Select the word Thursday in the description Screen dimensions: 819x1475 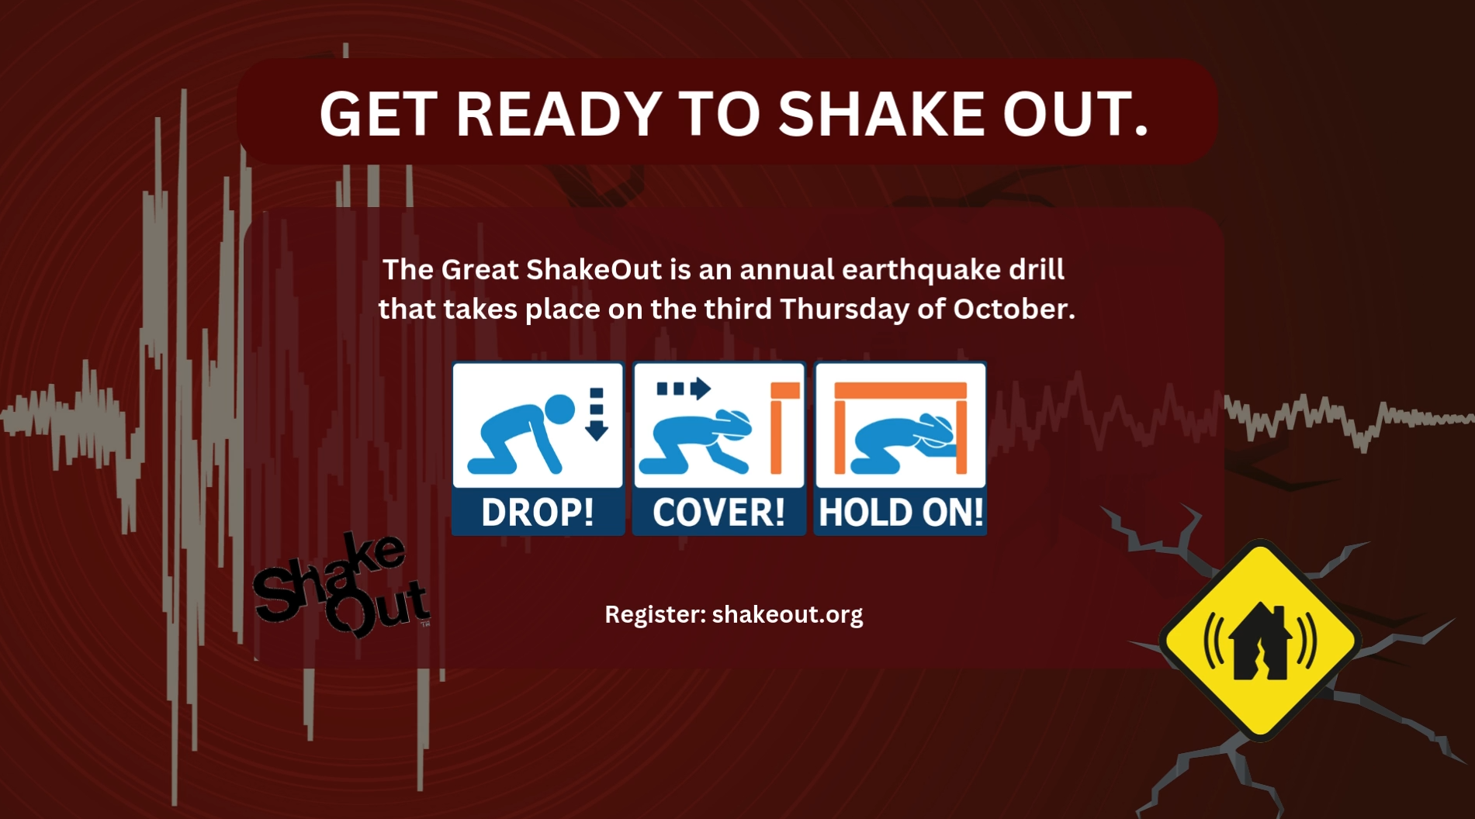(x=845, y=309)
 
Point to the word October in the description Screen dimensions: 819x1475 (x=1013, y=309)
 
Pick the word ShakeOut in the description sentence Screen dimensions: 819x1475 (x=594, y=270)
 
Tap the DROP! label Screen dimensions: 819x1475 (x=538, y=512)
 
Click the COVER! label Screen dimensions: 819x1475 (x=718, y=512)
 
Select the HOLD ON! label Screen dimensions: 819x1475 (x=901, y=512)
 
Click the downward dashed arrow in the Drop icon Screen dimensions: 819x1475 (x=596, y=414)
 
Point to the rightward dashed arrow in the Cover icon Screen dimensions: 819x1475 (x=684, y=388)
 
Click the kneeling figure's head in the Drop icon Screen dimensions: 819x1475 (x=559, y=409)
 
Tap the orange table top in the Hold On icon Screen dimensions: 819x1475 (x=900, y=390)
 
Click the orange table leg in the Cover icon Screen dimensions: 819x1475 (x=776, y=434)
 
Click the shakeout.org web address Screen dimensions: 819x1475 (x=787, y=614)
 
